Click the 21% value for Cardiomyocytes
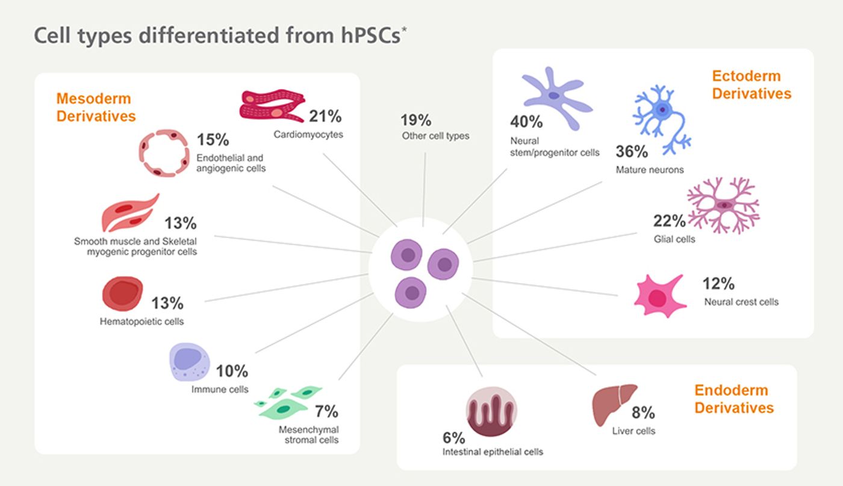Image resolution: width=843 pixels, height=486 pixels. (x=325, y=116)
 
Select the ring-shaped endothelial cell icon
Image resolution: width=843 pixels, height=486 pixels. (x=164, y=153)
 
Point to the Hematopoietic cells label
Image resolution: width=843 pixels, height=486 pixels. (x=142, y=321)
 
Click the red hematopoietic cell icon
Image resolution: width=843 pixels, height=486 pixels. (x=123, y=294)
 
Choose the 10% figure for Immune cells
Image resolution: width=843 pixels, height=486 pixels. (x=232, y=371)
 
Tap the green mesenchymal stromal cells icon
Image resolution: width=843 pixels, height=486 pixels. (x=288, y=402)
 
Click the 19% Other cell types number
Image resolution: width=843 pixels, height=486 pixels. (x=415, y=120)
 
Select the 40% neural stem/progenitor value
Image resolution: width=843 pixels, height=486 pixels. (x=526, y=122)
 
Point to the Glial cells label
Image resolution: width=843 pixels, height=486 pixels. (x=674, y=239)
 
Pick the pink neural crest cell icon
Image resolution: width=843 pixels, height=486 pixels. (x=659, y=296)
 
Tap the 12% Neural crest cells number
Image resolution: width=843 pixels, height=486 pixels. (x=718, y=283)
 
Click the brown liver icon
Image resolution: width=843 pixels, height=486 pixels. (x=613, y=404)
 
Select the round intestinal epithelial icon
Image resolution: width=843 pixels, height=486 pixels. (x=491, y=411)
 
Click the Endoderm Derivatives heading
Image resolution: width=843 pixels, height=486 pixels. (x=734, y=399)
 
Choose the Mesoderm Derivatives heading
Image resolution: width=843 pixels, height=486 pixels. (x=96, y=107)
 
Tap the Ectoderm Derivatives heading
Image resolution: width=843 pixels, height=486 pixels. (x=751, y=85)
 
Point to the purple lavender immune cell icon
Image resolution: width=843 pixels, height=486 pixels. (x=189, y=362)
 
